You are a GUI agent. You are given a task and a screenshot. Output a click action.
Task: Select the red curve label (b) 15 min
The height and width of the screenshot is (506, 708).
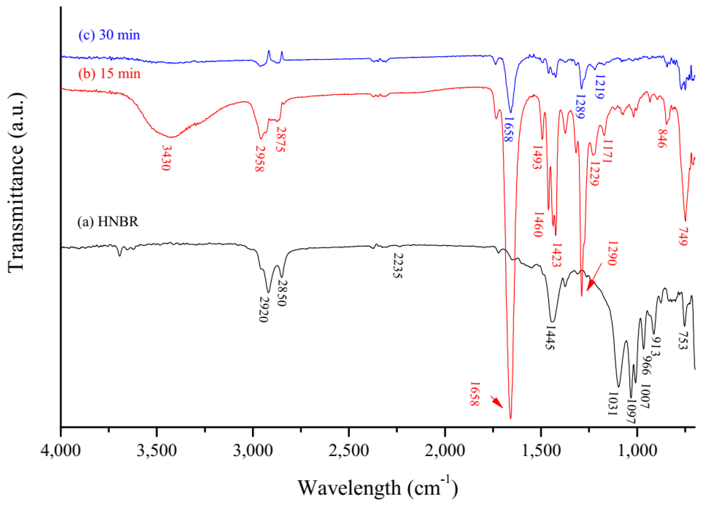coord(109,74)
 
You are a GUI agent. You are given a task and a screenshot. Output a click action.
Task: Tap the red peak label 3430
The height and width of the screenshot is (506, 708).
coord(166,158)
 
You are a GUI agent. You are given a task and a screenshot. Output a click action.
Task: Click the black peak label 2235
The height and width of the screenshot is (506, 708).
coord(398,265)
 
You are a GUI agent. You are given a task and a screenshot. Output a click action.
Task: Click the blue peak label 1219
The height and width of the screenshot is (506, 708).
coord(600,87)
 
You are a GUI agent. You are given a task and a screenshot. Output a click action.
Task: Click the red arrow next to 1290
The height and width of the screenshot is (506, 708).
coord(594,277)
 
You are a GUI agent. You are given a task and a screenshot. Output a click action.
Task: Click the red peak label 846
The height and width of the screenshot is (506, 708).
coord(662,138)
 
